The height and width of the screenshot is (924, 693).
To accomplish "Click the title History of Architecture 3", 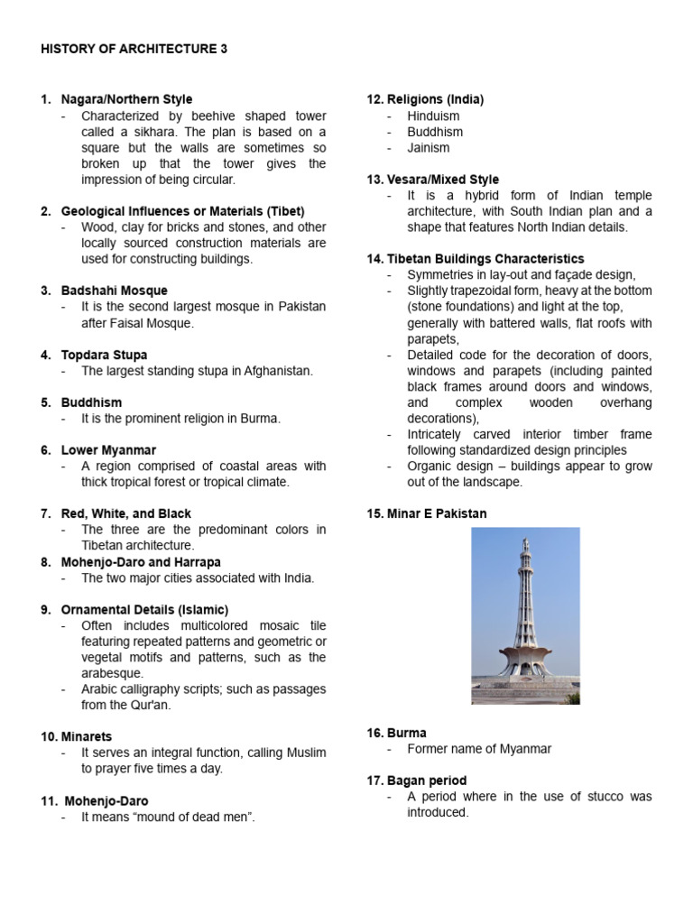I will click(134, 50).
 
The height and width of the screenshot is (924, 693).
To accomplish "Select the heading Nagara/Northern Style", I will click(126, 99).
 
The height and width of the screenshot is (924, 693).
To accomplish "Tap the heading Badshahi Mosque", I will click(114, 291).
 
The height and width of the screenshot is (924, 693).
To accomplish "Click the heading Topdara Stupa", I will click(104, 355).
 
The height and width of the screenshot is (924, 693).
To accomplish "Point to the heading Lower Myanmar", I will click(108, 449).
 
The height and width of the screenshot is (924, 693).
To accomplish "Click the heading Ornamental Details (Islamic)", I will click(144, 609).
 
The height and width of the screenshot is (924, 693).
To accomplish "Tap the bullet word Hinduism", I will click(433, 115).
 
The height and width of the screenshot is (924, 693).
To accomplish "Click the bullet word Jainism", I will click(428, 147).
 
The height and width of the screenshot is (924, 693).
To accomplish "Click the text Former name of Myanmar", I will click(479, 748).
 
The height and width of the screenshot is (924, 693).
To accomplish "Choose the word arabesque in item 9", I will click(113, 673).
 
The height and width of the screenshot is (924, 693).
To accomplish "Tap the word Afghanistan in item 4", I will click(278, 371).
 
